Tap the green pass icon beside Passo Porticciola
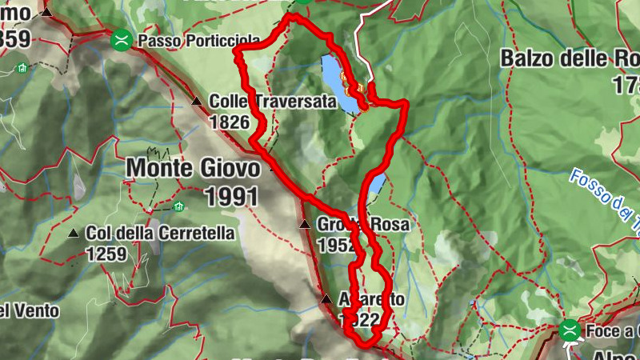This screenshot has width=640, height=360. tap(122, 38)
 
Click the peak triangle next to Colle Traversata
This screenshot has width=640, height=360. tap(197, 102)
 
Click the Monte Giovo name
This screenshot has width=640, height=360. tap(193, 169)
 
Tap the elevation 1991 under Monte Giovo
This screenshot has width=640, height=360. tap(232, 195)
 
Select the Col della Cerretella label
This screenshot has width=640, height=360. tap(162, 234)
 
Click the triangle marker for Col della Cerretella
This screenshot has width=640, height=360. tap(74, 234)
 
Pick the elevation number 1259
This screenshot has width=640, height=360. tap(106, 254)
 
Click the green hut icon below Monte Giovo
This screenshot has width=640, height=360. tap(178, 206)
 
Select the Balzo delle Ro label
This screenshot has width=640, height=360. tap(569, 58)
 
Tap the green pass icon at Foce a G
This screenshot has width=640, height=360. tap(570, 329)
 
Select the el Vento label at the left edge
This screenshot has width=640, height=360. tap(29, 310)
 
